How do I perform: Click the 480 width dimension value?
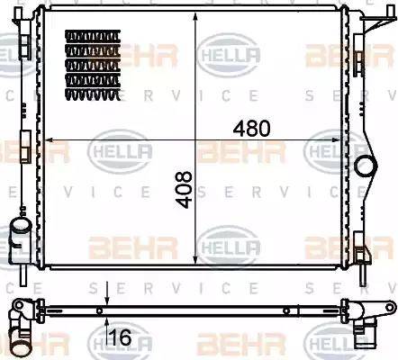(252, 128)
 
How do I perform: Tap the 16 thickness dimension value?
(120, 338)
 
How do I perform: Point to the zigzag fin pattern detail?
(93, 61)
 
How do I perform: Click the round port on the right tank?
(366, 166)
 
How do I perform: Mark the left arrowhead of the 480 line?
(50, 140)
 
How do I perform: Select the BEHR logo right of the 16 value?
(229, 342)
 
